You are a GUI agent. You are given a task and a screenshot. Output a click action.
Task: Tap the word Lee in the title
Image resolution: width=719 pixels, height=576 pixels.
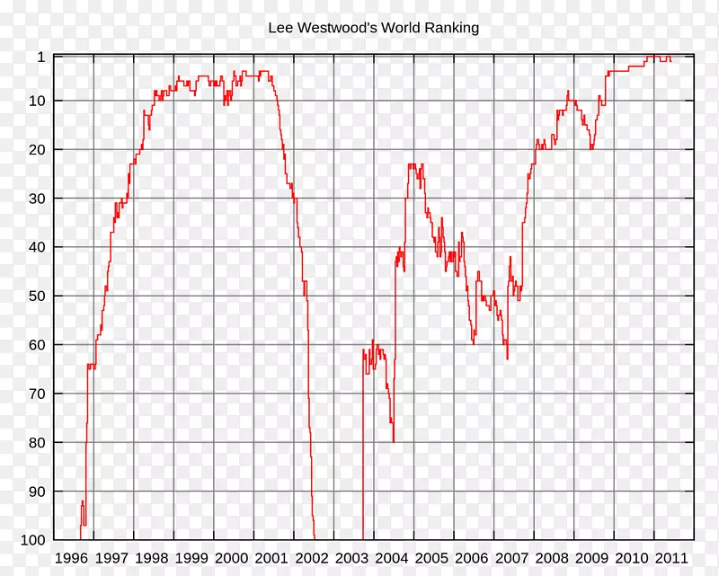tap(280, 28)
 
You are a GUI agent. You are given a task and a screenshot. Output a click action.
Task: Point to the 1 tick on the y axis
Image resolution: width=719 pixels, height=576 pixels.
tap(40, 57)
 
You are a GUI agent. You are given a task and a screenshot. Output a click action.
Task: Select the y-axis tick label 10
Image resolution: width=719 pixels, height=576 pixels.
tap(37, 101)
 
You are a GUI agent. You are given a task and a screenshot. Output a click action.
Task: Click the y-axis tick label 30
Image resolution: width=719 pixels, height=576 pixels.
tap(37, 199)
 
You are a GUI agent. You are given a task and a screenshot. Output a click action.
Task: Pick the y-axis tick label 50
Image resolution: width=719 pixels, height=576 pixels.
tap(37, 297)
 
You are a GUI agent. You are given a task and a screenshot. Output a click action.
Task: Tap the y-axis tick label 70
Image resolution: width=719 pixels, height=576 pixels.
tap(37, 394)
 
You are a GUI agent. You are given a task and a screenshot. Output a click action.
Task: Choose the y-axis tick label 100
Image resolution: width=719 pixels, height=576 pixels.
tap(33, 540)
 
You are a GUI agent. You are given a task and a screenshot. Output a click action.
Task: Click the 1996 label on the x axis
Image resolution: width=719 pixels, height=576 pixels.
tap(72, 558)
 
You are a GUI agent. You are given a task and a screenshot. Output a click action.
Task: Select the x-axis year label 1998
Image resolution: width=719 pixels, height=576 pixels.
tap(152, 558)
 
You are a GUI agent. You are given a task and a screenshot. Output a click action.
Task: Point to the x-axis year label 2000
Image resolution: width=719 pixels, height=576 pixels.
tap(232, 558)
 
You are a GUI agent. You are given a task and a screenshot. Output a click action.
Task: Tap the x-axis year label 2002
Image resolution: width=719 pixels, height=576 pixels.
tap(312, 558)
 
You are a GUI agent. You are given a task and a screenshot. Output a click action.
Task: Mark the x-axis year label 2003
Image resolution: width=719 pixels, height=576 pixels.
tap(351, 558)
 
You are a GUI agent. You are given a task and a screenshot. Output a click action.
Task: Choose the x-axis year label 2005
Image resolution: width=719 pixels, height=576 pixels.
tap(431, 558)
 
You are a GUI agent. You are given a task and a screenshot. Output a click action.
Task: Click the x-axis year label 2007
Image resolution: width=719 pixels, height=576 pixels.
tap(511, 558)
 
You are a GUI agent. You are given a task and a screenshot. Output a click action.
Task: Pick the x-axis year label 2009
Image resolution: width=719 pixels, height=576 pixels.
tap(591, 558)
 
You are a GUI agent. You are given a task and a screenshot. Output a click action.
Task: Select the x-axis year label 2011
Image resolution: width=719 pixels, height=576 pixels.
tap(671, 558)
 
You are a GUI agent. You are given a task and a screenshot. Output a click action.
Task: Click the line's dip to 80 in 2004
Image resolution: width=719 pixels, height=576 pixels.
tap(394, 441)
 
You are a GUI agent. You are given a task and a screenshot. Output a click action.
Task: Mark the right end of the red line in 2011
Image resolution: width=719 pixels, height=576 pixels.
tap(670, 60)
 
